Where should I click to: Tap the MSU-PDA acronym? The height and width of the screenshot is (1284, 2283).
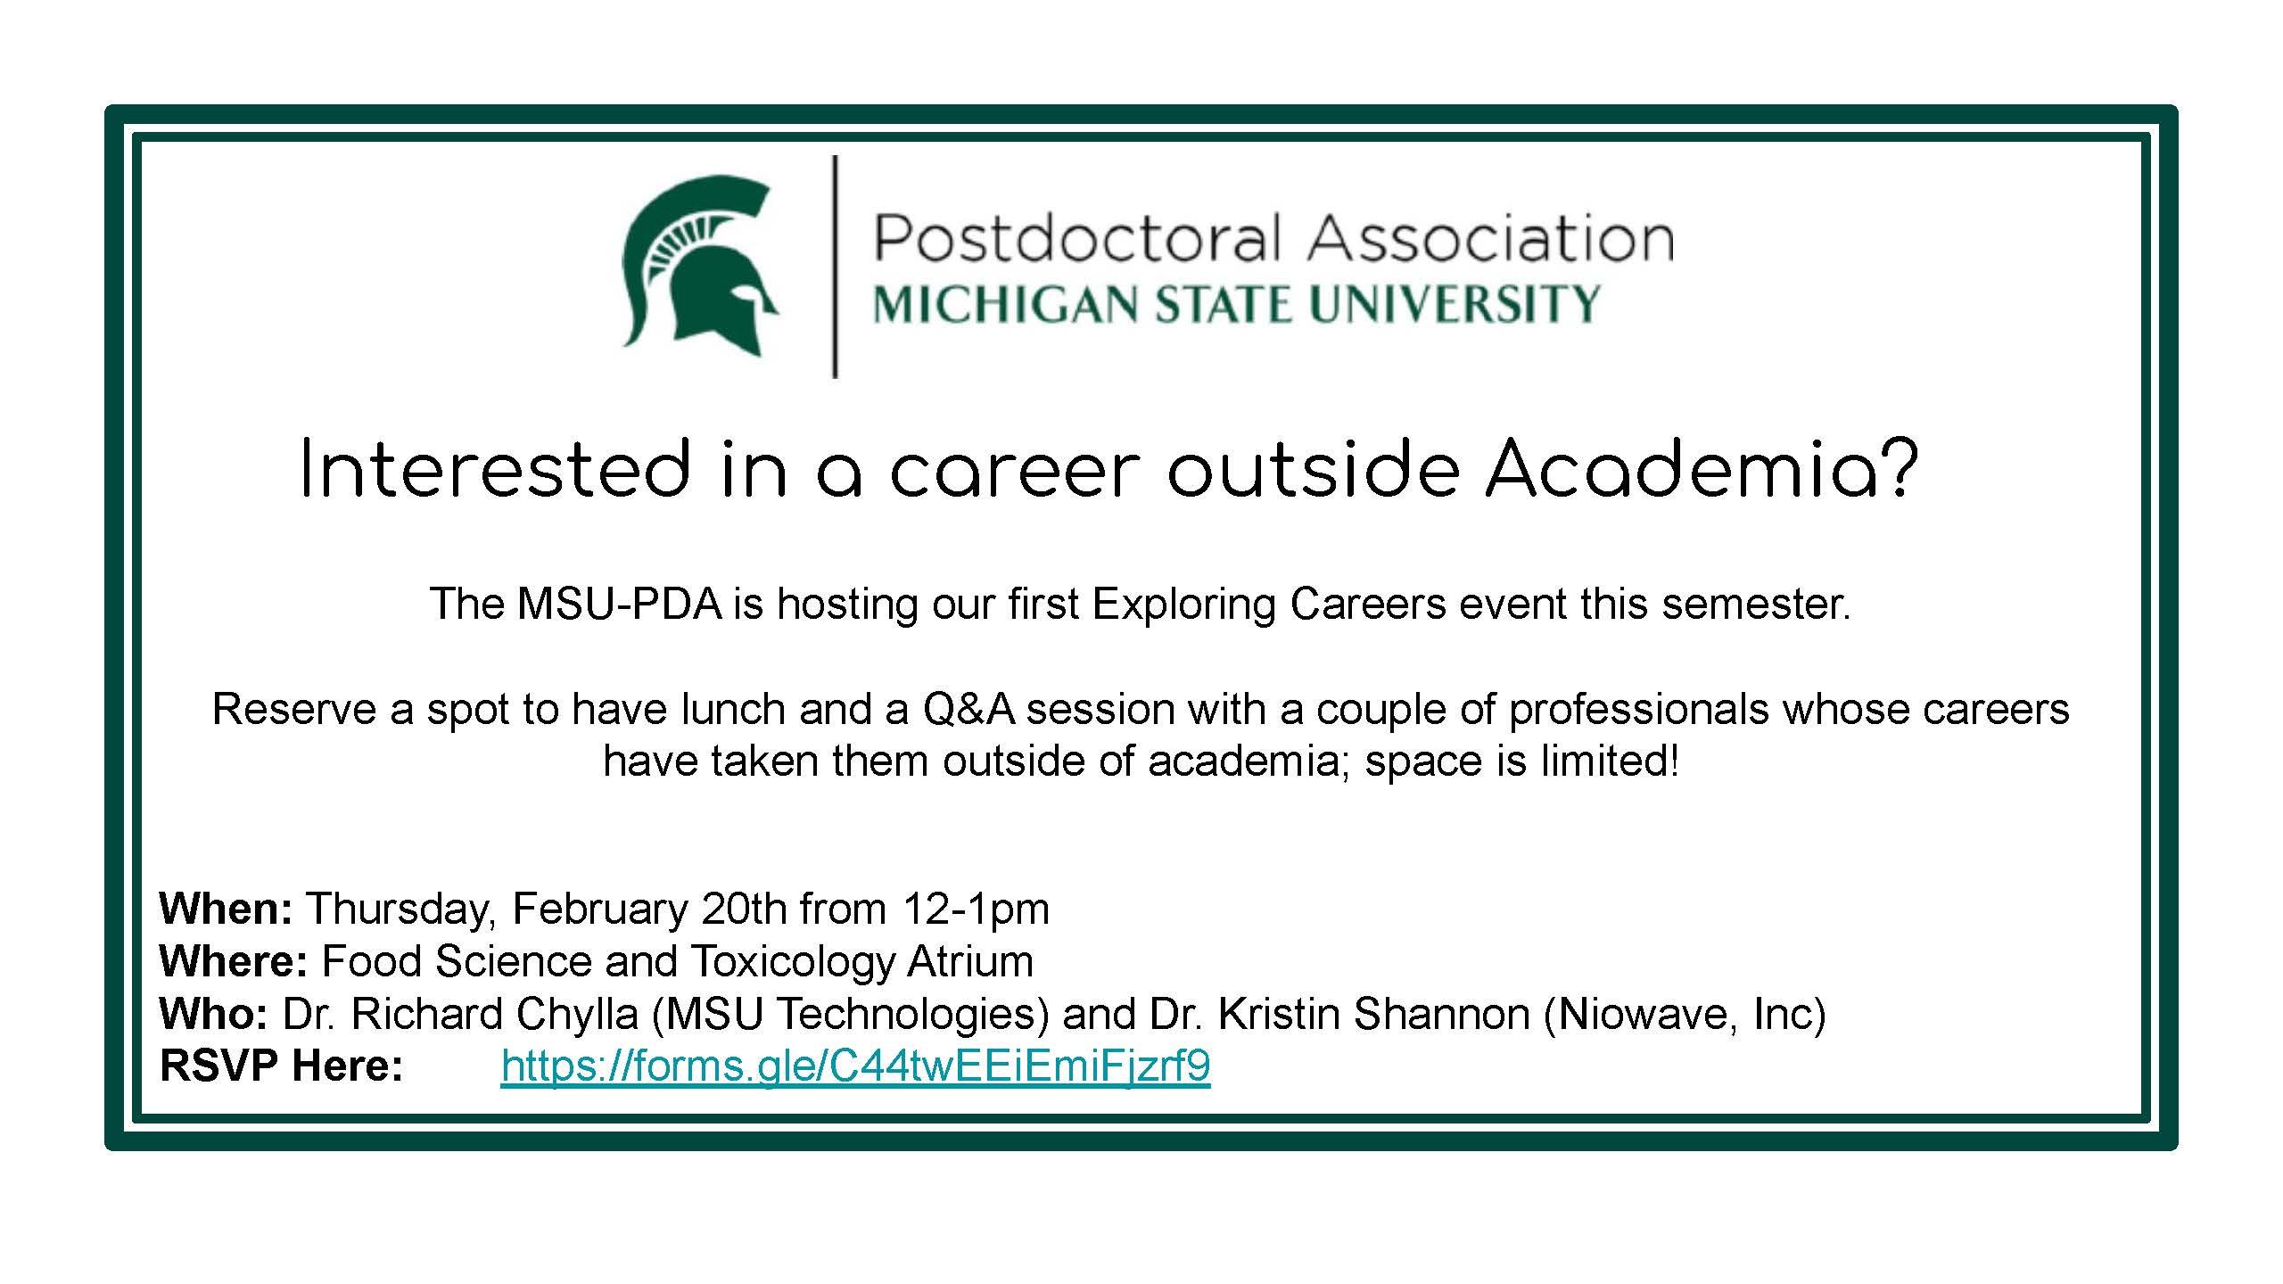pos(620,605)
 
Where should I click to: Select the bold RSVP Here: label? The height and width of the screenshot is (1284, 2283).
pos(282,1066)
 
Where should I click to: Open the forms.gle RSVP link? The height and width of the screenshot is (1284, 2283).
pos(856,1066)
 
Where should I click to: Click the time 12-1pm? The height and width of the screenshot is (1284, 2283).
pos(976,909)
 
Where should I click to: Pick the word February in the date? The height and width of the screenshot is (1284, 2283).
pos(600,909)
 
